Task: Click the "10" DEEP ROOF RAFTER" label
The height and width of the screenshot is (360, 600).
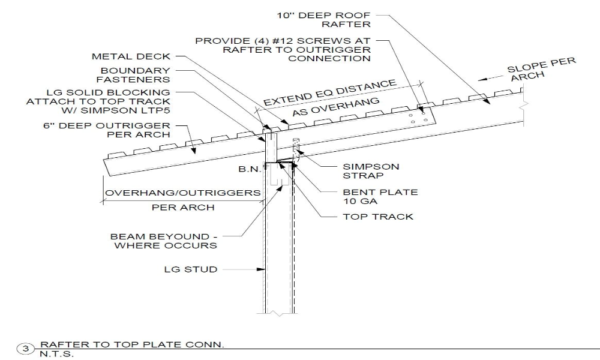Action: pyautogui.click(x=337, y=19)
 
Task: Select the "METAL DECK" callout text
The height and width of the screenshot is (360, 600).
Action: pyautogui.click(x=131, y=57)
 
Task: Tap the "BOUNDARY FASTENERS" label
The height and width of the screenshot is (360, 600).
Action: pyautogui.click(x=135, y=75)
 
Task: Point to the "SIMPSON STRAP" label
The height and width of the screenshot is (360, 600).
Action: pyautogui.click(x=371, y=171)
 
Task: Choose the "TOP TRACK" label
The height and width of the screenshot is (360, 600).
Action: pyautogui.click(x=378, y=216)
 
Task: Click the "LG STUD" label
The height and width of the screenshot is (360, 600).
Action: pyautogui.click(x=190, y=269)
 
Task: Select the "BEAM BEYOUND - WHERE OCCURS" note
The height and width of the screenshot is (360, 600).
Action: pyautogui.click(x=164, y=241)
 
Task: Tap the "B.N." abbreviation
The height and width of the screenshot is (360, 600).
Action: pyautogui.click(x=248, y=170)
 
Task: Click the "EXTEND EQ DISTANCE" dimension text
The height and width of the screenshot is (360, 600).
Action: pyautogui.click(x=330, y=92)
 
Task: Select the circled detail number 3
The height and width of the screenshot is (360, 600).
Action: pyautogui.click(x=25, y=348)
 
